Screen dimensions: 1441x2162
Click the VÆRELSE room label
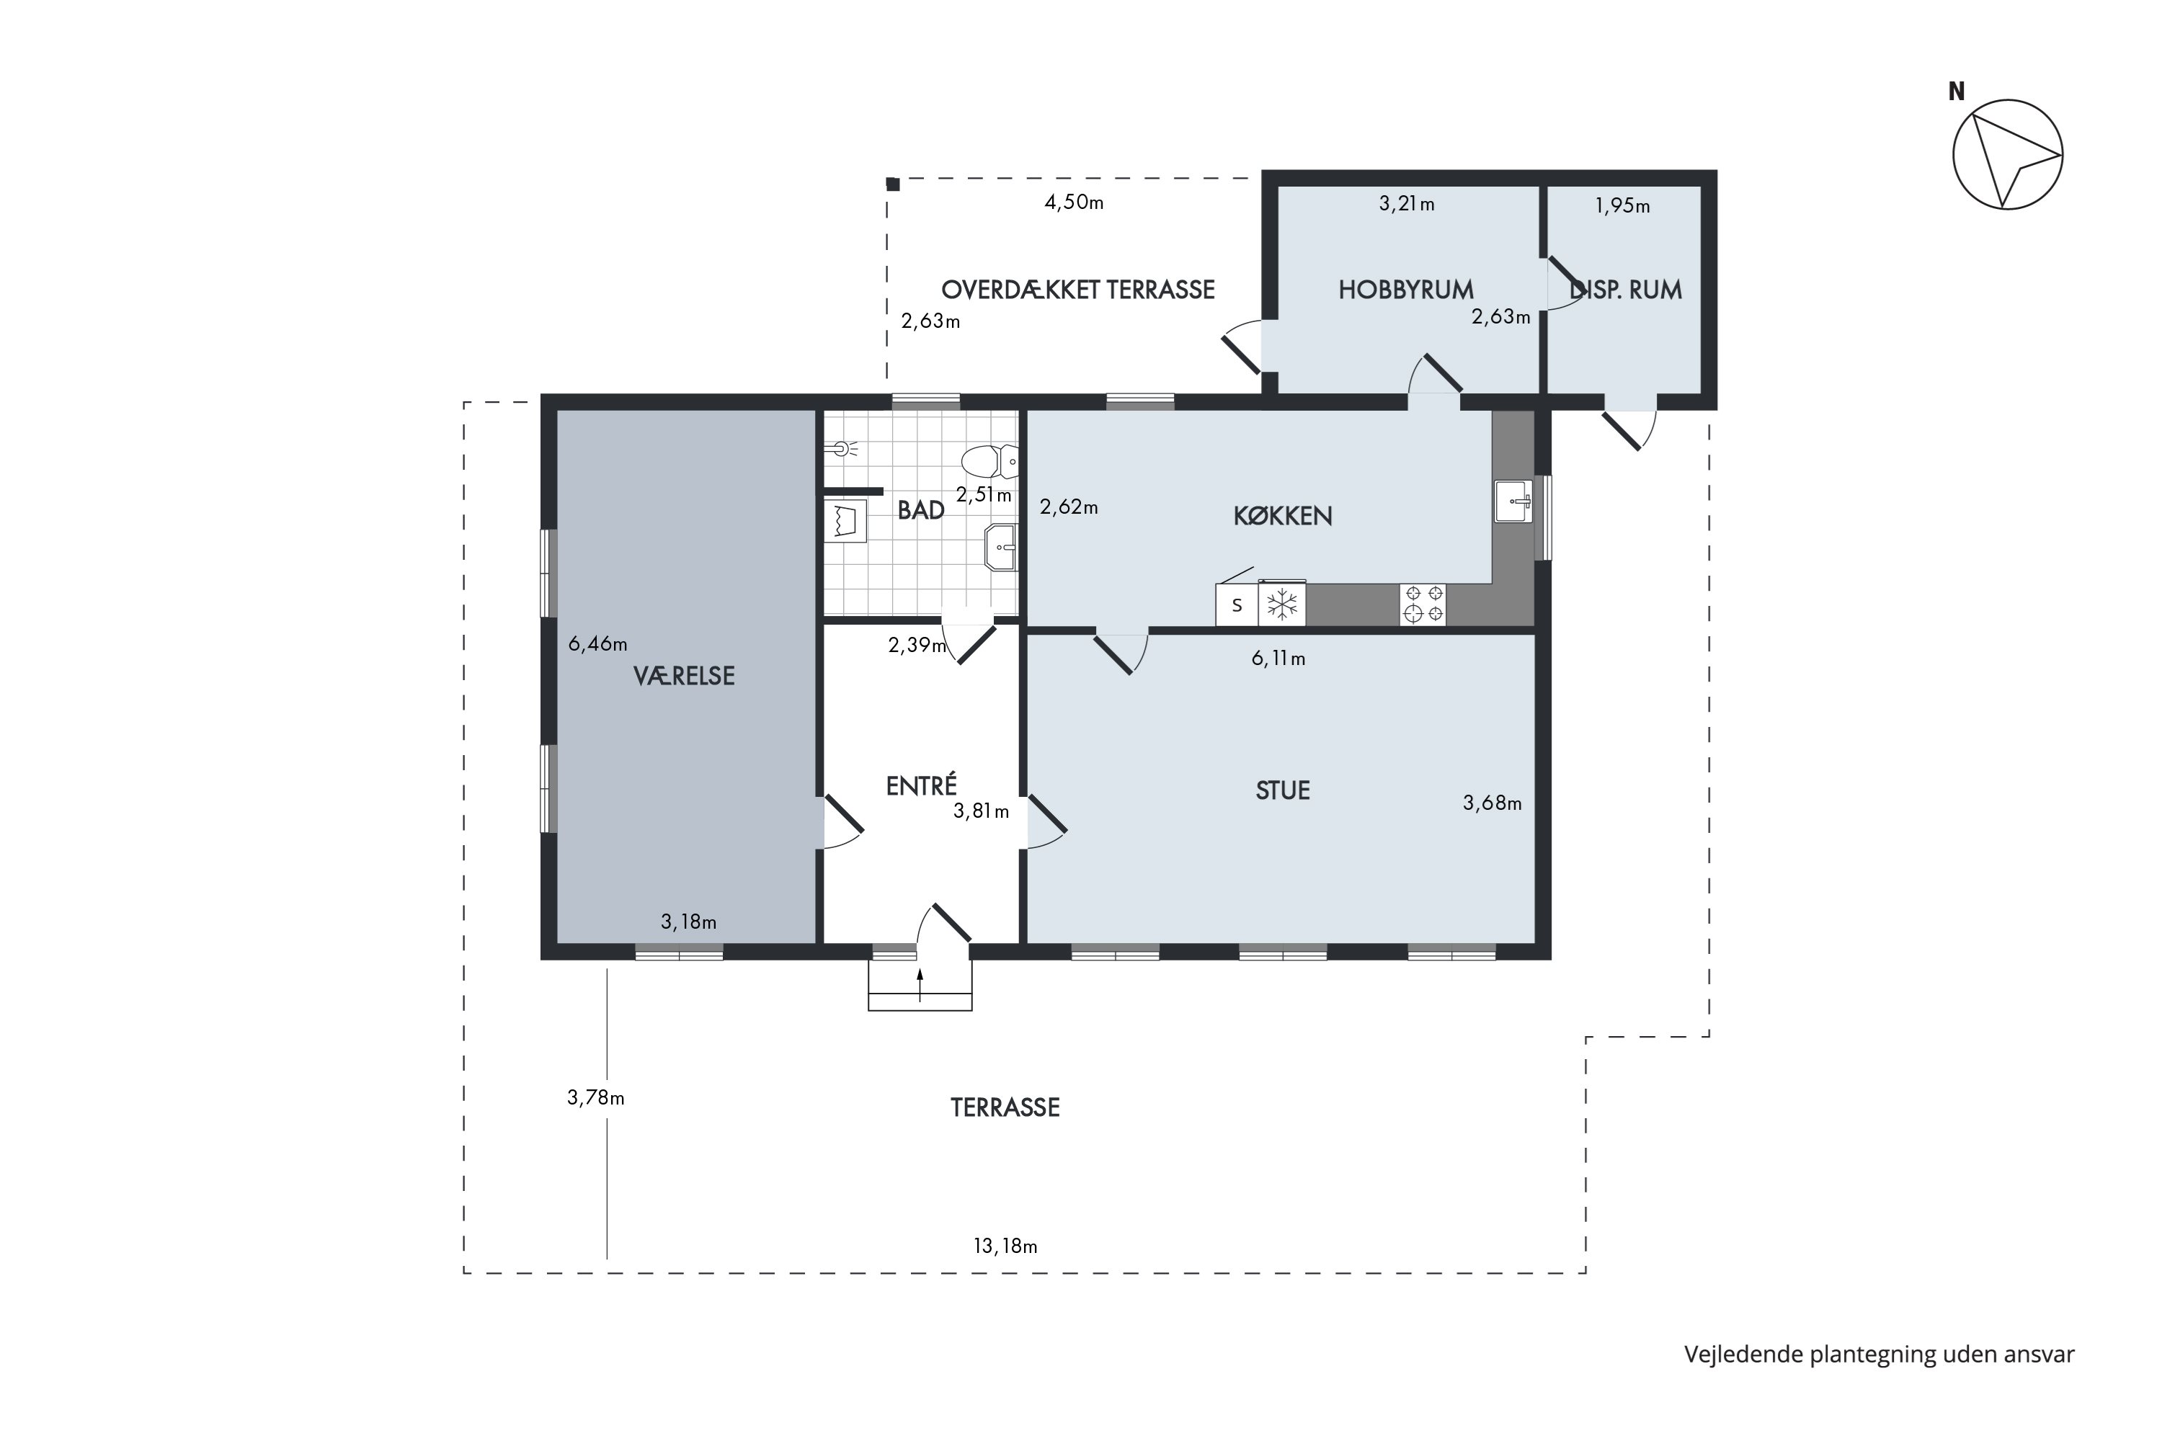pyautogui.click(x=684, y=677)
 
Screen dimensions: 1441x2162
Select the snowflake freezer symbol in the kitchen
pyautogui.click(x=1282, y=604)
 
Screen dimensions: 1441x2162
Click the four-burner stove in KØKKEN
pyautogui.click(x=1423, y=604)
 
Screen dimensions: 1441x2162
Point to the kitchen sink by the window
pyautogui.click(x=1513, y=501)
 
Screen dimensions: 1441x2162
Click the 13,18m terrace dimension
pyautogui.click(x=1005, y=1247)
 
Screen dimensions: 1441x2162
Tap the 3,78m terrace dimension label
pyautogui.click(x=596, y=1098)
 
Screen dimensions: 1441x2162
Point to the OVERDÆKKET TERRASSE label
pyautogui.click(x=1077, y=290)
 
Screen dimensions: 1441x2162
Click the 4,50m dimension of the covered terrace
pyautogui.click(x=1074, y=203)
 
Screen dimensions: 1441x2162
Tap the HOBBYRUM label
pyautogui.click(x=1405, y=290)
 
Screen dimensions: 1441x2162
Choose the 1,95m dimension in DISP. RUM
pyautogui.click(x=1621, y=207)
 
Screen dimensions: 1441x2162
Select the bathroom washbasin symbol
pyautogui.click(x=1001, y=548)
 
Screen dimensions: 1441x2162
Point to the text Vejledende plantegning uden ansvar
pyautogui.click(x=1879, y=1355)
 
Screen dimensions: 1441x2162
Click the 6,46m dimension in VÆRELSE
pyautogui.click(x=597, y=644)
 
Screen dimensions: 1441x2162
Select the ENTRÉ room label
pyautogui.click(x=921, y=787)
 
